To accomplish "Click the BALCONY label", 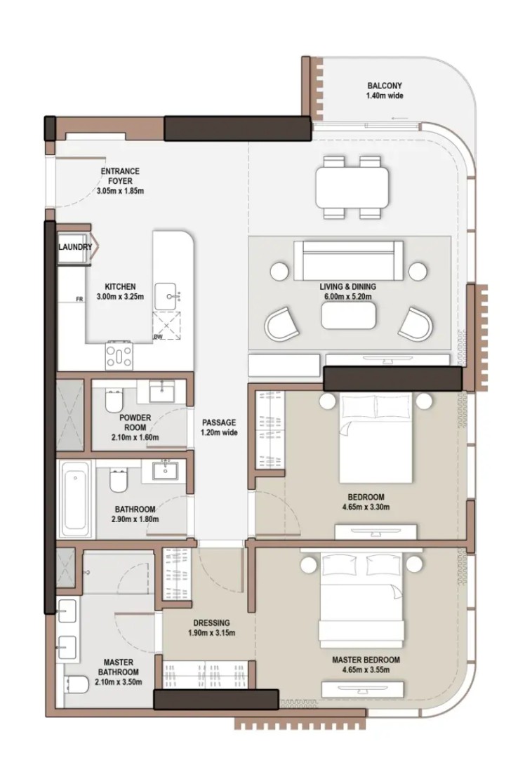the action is tap(385, 85).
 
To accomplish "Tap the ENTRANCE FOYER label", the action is tap(120, 175).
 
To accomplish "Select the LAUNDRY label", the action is tap(75, 246).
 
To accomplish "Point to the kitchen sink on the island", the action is tap(168, 296).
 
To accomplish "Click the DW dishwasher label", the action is tap(158, 337).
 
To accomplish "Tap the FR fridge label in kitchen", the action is tap(80, 299).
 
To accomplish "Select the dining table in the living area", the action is tap(352, 187).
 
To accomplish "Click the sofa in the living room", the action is tap(348, 260).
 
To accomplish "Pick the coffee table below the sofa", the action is tap(348, 315).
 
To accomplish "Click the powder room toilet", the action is tap(114, 401).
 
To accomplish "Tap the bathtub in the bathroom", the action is tap(75, 499).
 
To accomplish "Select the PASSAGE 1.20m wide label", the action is tap(219, 427).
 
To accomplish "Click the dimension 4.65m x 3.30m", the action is tap(366, 507).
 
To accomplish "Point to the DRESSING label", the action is tap(211, 623).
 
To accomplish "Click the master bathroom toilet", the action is tap(77, 684).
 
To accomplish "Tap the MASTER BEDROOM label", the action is tap(366, 660).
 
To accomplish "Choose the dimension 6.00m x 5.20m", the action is tap(347, 296).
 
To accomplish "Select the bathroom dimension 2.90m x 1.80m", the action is tap(135, 519).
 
